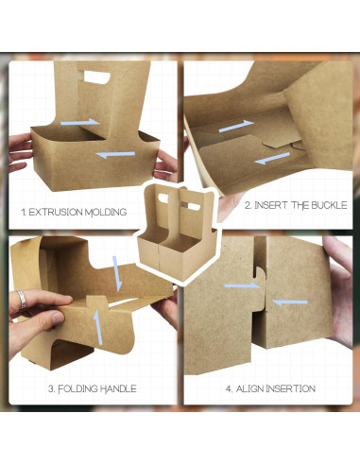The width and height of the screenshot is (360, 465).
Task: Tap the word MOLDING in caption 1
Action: coord(105,213)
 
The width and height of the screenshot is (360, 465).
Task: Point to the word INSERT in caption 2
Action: coord(274,204)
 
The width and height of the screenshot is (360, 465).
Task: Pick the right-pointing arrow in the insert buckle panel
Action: coord(236,126)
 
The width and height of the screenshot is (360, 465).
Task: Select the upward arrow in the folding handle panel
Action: coord(95,326)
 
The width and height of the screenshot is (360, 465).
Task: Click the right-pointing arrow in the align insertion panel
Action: coord(243,284)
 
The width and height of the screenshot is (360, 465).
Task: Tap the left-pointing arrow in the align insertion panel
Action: coord(290,301)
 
